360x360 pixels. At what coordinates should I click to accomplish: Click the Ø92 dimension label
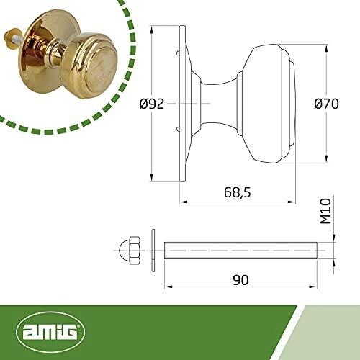[152, 104]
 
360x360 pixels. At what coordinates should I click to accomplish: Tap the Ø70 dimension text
[326, 104]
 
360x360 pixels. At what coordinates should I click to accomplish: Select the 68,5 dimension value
[238, 192]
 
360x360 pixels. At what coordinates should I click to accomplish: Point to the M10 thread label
[325, 212]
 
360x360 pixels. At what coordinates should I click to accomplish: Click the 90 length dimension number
[240, 280]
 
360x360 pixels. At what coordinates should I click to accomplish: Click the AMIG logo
[50, 332]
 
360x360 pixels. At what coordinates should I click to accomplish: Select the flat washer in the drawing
[153, 251]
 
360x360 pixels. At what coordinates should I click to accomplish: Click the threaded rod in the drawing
[240, 251]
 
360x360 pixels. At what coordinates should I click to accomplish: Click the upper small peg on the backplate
[178, 53]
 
